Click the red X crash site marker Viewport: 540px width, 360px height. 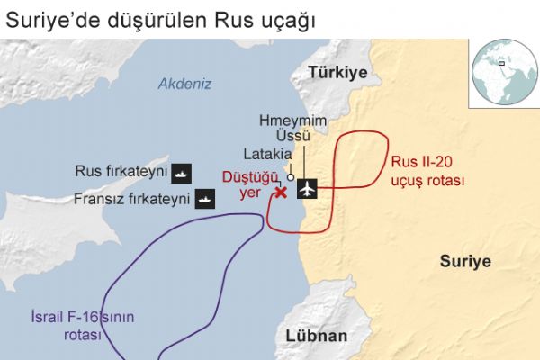click(280, 192)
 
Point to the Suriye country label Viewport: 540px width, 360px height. click(465, 262)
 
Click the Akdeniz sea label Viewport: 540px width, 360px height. click(184, 85)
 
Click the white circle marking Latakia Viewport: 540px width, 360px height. click(291, 176)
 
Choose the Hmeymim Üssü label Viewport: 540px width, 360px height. click(292, 128)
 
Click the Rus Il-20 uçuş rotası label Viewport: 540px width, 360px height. click(427, 172)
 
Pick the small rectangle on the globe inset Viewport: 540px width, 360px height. click(501, 64)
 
